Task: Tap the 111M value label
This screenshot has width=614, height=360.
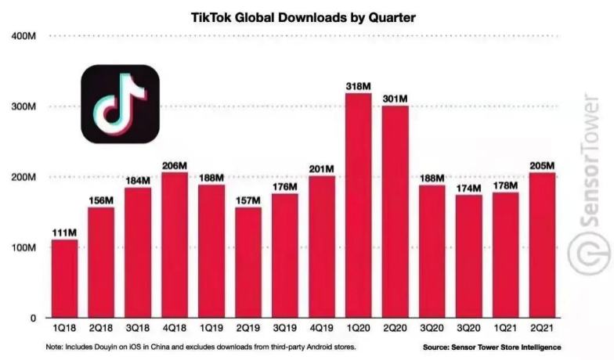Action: [x=64, y=232]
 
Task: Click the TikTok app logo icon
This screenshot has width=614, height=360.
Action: [x=121, y=104]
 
